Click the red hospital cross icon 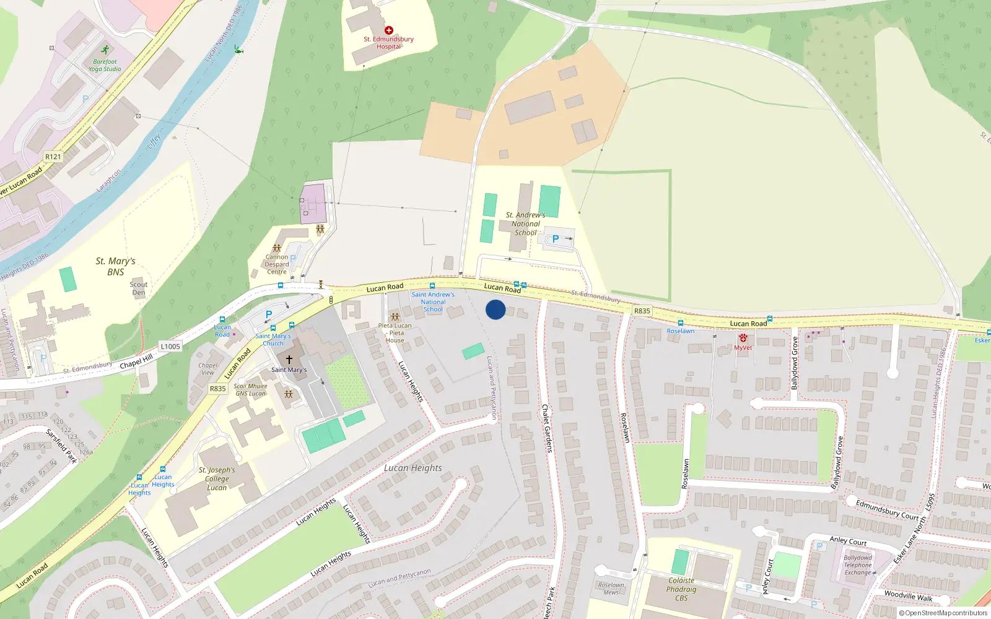tap(389, 30)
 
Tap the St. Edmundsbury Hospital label tap(389, 43)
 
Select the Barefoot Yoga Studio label tap(105, 65)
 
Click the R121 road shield tap(53, 157)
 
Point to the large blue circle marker tap(495, 309)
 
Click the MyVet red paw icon tap(743, 338)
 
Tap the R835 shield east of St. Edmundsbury tap(642, 311)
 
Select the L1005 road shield tap(170, 347)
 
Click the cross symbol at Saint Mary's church tap(289, 359)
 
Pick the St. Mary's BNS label tap(115, 266)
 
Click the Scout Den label tap(139, 288)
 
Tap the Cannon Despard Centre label tap(277, 264)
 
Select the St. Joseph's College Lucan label tap(217, 478)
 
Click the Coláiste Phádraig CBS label tap(681, 589)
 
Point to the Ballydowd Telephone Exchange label tap(858, 565)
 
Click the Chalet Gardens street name tap(547, 428)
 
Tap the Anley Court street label tap(848, 541)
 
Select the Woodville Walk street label tap(908, 595)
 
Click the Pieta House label tap(395, 333)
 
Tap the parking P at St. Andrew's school tap(556, 239)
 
